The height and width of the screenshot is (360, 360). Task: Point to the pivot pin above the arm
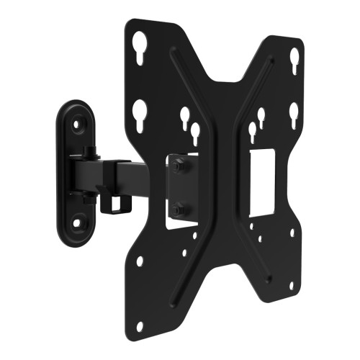coord(87,152)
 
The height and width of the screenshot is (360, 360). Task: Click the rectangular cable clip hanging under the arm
coord(112,204)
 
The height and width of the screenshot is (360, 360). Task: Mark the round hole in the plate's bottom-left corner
coord(140,326)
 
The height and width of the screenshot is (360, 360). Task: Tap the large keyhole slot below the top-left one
coord(140,111)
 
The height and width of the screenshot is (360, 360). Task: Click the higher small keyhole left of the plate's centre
coord(184,117)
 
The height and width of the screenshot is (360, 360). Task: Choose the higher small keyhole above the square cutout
coord(261,116)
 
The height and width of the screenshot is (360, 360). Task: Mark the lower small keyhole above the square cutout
coord(251,131)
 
